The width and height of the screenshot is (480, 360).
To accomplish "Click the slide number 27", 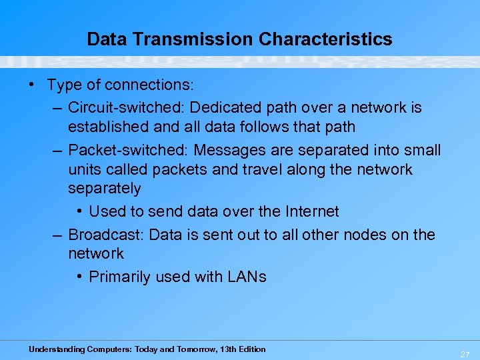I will click(x=464, y=355).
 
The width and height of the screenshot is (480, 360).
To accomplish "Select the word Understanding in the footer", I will click(x=56, y=349).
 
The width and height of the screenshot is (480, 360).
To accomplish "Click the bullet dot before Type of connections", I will click(x=32, y=85).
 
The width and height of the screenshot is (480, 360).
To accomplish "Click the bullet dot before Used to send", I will click(x=79, y=212).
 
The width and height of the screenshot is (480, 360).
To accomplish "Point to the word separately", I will click(x=105, y=188).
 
